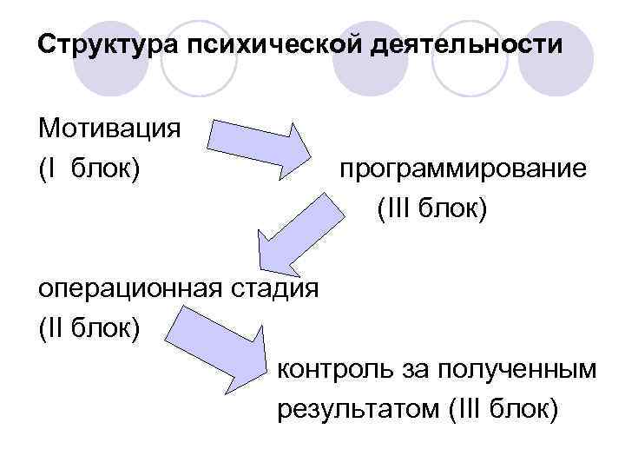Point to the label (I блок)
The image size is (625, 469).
(x=89, y=168)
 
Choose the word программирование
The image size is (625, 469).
(x=463, y=168)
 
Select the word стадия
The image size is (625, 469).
(x=272, y=288)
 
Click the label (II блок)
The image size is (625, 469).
(x=89, y=328)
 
